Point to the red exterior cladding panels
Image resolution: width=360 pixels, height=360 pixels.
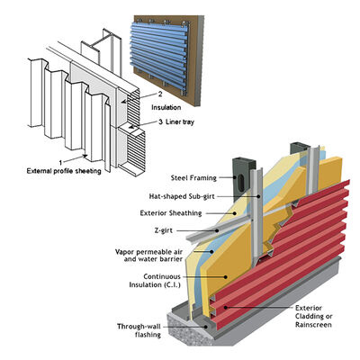pyautogui.click(x=297, y=261)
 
